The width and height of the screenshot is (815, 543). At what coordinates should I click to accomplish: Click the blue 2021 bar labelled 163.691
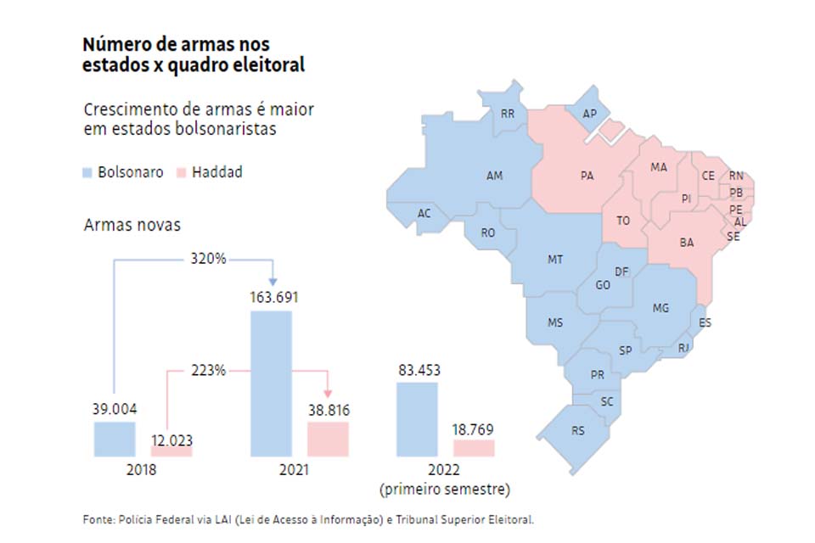point(271,383)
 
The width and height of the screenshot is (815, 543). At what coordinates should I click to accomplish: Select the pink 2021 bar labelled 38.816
point(328,439)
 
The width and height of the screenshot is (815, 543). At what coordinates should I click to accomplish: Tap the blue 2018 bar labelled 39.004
point(114,439)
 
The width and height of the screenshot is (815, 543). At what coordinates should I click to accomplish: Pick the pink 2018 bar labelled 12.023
point(171,451)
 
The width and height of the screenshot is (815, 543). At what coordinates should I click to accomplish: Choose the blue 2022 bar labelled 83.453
point(417,419)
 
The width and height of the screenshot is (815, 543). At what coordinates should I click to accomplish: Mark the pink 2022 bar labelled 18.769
point(474,448)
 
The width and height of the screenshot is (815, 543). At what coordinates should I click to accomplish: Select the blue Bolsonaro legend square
point(87,173)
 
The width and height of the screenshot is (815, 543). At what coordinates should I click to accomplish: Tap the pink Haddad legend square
point(181,173)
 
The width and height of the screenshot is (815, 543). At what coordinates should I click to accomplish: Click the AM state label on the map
point(494,176)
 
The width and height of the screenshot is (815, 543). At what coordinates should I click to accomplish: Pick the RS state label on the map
point(578,431)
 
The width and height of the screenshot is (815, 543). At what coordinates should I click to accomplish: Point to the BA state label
point(687,243)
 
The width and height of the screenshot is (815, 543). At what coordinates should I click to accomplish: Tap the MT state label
point(555,260)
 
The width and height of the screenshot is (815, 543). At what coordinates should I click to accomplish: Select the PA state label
point(587,176)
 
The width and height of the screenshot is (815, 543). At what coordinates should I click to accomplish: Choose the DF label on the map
point(621,271)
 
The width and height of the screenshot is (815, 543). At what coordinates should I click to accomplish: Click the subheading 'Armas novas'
point(132,225)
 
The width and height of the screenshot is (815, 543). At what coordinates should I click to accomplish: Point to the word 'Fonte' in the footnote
point(97,519)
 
